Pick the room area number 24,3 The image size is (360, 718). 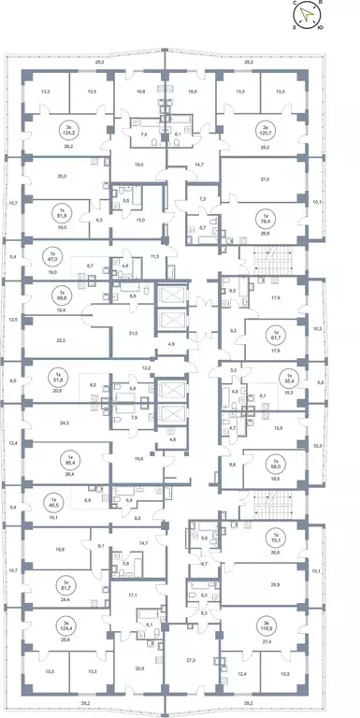click(x=63, y=423)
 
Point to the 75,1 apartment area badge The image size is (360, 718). click(x=275, y=538)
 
